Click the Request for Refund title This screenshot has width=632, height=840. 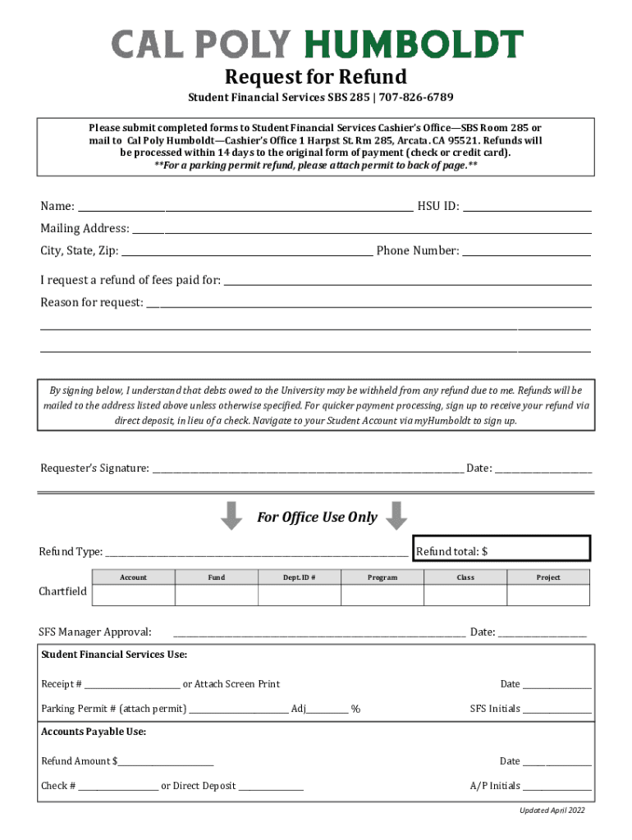pos(316,77)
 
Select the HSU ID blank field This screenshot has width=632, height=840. pos(527,206)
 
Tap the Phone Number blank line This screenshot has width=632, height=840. pos(527,251)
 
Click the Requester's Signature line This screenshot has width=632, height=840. pos(308,468)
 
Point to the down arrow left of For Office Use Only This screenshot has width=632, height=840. pos(232,516)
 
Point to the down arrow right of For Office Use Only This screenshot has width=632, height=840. pos(396,516)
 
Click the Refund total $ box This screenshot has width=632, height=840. pos(501,551)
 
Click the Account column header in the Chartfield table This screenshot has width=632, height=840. pos(133,577)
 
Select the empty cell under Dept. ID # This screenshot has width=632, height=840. pos(300,595)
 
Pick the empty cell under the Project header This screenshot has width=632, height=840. pos(548,595)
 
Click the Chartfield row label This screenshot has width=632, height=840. pos(63,592)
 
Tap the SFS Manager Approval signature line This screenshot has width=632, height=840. pos(319,632)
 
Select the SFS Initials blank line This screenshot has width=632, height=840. pos(557,709)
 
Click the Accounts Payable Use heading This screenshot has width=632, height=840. pos(94,732)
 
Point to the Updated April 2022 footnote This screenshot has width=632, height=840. pos(552,810)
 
